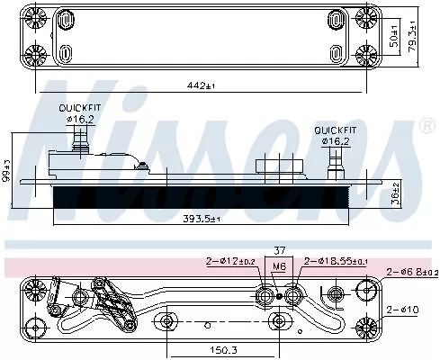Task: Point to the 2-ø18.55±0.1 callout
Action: (335, 262)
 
